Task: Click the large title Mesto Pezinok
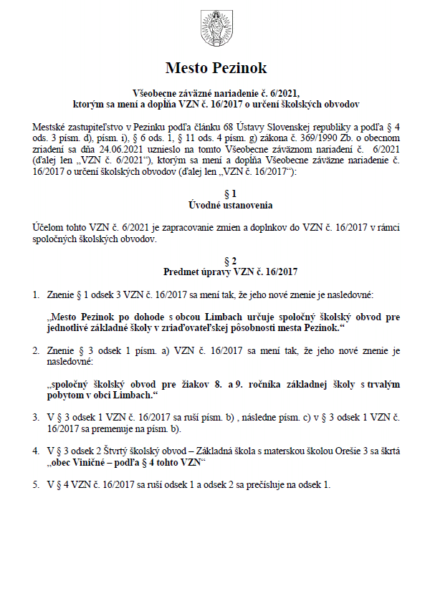coord(216,69)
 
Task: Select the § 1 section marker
coord(216,194)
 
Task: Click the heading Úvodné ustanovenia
coord(216,205)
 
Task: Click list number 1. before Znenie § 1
coord(37,294)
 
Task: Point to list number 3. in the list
coord(37,416)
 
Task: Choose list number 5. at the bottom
coord(37,484)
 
